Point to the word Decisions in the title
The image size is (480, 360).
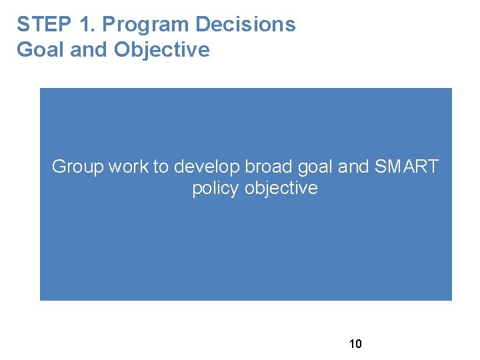click(245, 25)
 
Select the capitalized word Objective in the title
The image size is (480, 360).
click(162, 50)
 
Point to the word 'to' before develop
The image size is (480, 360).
click(161, 167)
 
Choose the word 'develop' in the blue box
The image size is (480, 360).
click(207, 167)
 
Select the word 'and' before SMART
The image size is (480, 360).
click(353, 167)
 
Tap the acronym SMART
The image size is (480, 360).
click(407, 167)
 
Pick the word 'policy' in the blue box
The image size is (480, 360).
click(215, 189)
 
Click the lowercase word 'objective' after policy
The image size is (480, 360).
click(281, 189)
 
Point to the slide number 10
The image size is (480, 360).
click(355, 344)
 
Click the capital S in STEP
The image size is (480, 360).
click(23, 25)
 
